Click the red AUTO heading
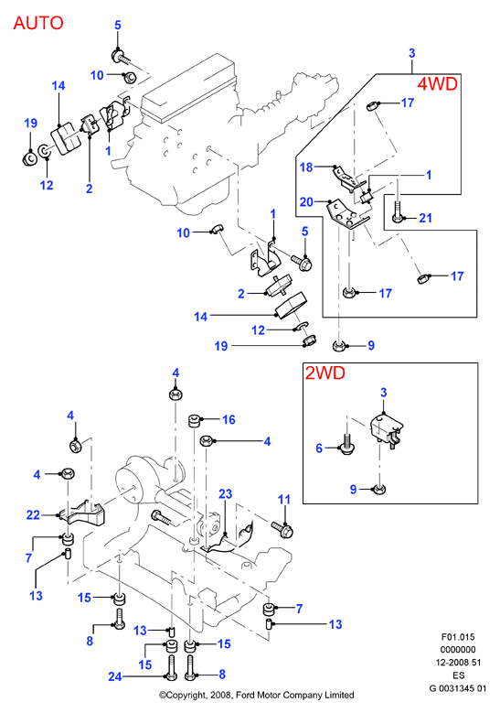tap(38, 23)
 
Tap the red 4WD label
tap(437, 83)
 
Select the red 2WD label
tap(324, 373)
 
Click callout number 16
tap(229, 419)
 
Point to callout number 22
tap(33, 514)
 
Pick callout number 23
tap(225, 494)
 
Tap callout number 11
tap(284, 499)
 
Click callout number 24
tap(115, 676)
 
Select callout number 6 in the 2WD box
tap(319, 448)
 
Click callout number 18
tap(306, 167)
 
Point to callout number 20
tap(306, 201)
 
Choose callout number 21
tap(425, 218)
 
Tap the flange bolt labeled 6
tap(346, 446)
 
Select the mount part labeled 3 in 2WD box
tap(387, 428)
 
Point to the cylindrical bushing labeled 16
tap(195, 421)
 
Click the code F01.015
tap(458, 637)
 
